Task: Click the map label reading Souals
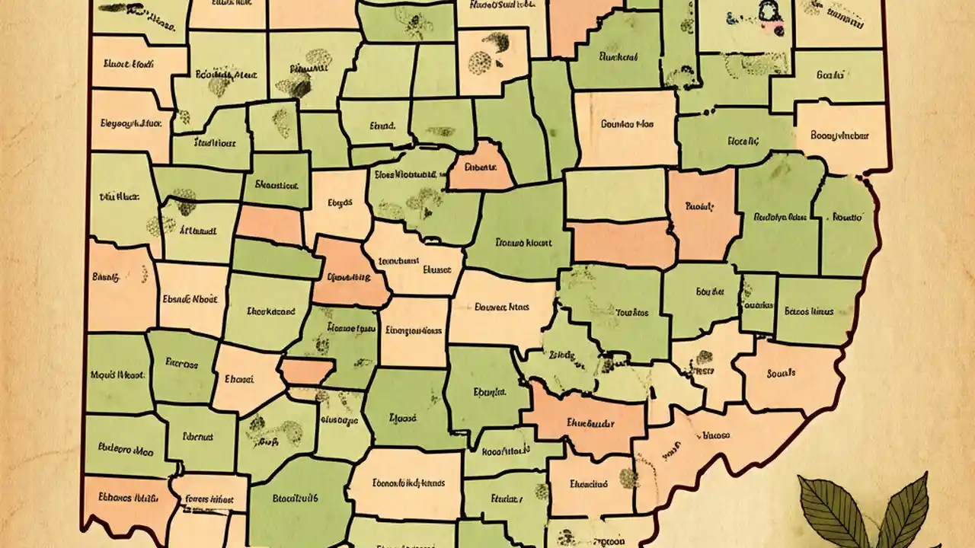pyautogui.click(x=781, y=374)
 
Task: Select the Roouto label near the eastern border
pyautogui.click(x=846, y=217)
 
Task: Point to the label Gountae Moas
pyautogui.click(x=627, y=123)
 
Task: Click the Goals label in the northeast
pyautogui.click(x=830, y=75)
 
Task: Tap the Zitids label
pyautogui.click(x=561, y=355)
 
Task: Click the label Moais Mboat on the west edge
pyautogui.click(x=118, y=374)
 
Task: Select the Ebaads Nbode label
pyautogui.click(x=190, y=300)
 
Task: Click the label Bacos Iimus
pyautogui.click(x=808, y=311)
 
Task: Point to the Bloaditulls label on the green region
pyautogui.click(x=296, y=499)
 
